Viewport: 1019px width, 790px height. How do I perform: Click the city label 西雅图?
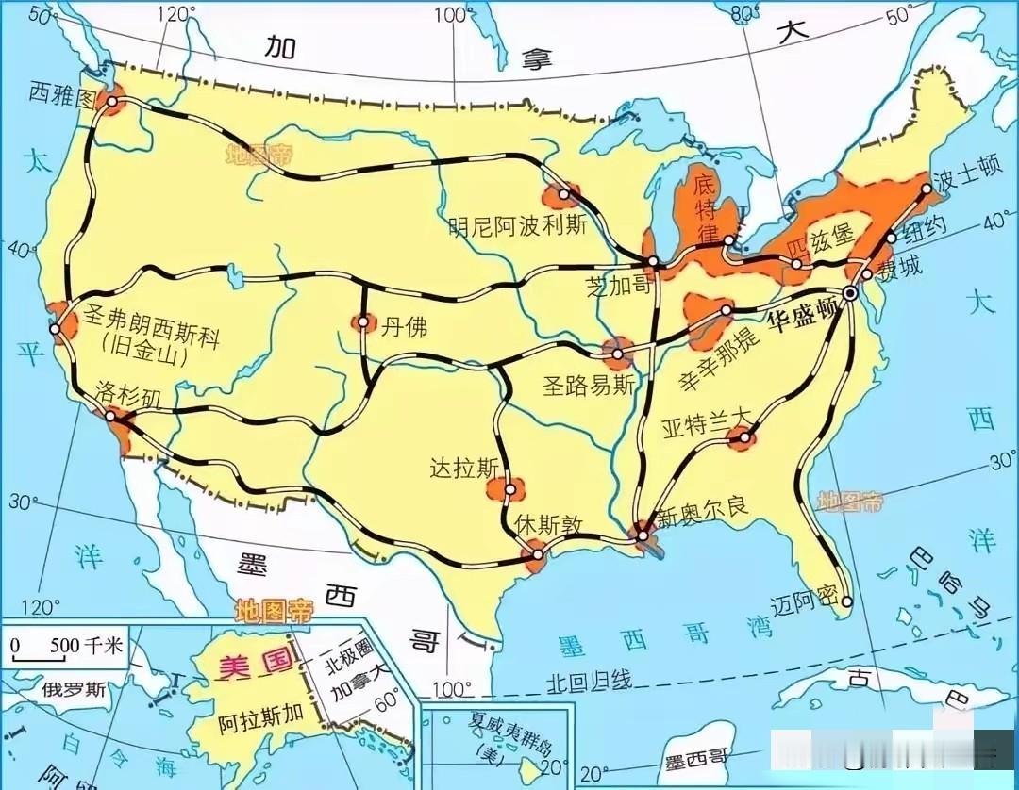[x=62, y=91]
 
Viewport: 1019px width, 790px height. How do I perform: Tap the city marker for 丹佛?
[x=362, y=323]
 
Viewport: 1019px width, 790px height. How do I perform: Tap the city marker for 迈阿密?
[x=847, y=601]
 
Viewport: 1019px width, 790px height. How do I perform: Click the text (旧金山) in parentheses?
[x=143, y=358]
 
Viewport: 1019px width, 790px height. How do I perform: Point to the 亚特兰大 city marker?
[x=744, y=436]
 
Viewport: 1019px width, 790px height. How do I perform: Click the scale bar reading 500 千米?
[x=66, y=648]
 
